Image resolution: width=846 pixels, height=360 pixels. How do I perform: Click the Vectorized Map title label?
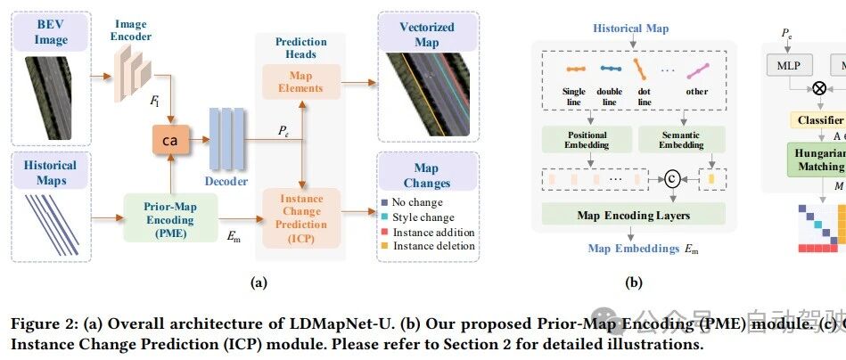427,32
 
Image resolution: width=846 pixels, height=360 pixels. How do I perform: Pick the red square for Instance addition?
385,233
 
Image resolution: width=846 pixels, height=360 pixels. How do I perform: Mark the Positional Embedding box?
587,140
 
